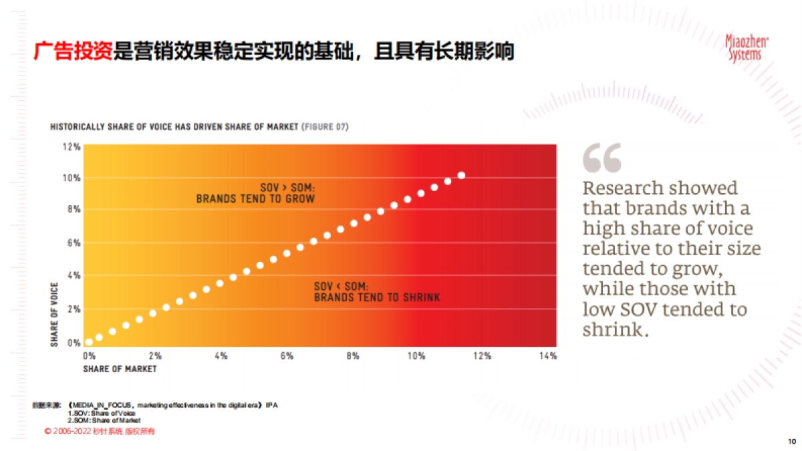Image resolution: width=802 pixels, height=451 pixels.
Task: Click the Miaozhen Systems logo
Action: tap(747, 49)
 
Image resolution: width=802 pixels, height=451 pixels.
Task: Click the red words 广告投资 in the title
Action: tap(73, 51)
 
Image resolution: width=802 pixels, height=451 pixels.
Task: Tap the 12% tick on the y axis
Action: tap(72, 146)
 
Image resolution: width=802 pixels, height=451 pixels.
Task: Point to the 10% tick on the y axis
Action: tap(72, 178)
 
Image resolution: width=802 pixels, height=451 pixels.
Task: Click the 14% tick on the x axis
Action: tap(547, 356)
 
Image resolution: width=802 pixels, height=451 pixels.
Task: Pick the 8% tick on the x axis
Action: tap(352, 356)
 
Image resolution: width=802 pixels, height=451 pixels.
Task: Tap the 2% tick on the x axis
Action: tap(155, 356)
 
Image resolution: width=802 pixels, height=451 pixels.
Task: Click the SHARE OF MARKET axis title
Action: tap(120, 369)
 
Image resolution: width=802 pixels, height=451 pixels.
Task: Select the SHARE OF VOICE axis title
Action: tap(55, 314)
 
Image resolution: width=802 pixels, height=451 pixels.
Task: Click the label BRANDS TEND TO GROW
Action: tap(255, 199)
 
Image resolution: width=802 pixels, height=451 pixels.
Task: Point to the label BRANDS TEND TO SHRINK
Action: tap(377, 297)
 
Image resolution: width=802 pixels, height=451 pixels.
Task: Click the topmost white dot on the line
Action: tap(461, 176)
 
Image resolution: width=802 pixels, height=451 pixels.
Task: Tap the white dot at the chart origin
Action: tap(89, 341)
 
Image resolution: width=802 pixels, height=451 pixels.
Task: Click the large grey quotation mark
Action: tap(601, 158)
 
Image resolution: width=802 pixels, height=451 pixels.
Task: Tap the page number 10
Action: tap(792, 441)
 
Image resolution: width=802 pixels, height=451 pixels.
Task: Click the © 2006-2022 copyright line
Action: tap(100, 432)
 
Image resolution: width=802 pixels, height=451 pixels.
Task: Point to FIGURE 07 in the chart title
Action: tap(325, 127)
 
